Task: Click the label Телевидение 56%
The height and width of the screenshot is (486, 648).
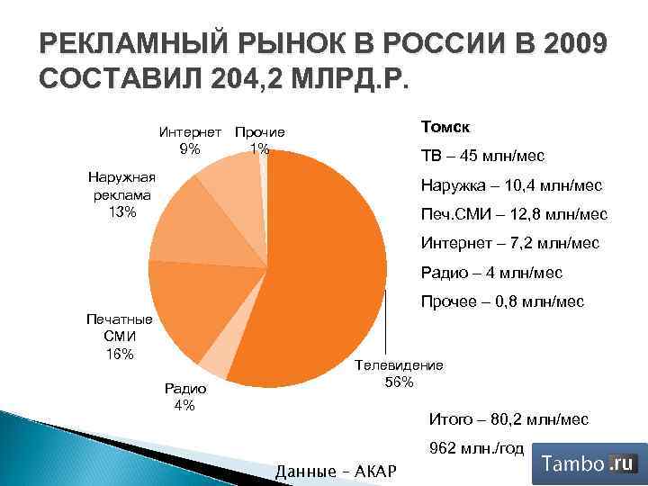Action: point(400,373)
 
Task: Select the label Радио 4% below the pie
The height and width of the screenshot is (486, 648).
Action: point(184,396)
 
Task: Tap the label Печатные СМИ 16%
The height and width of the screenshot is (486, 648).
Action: point(119,336)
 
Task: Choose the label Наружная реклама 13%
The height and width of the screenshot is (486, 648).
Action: point(121,193)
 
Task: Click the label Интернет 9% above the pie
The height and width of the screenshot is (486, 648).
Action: point(190,140)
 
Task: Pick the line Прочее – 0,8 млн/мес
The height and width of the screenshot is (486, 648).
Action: point(502,301)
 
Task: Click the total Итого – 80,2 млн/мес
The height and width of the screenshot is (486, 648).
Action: point(508,419)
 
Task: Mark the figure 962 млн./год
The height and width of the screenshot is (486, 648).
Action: point(477,448)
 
